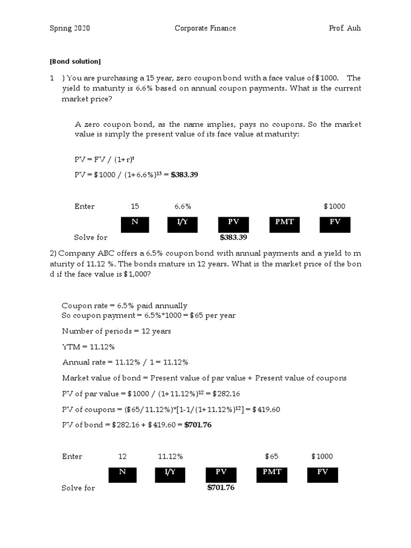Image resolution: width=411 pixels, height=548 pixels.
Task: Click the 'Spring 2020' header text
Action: tap(70, 28)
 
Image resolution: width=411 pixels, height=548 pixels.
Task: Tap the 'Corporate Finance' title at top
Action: tap(205, 28)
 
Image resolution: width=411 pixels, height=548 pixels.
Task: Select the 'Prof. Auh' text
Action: tap(345, 28)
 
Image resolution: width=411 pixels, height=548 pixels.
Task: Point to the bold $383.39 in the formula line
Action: tap(185, 174)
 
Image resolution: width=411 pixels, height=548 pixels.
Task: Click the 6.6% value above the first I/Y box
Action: tap(182, 207)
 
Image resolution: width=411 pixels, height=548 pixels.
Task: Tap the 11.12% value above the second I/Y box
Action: tap(170, 456)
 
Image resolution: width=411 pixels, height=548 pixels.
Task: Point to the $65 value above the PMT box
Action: tap(272, 456)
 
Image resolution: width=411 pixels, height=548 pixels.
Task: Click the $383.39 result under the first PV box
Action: tap(233, 238)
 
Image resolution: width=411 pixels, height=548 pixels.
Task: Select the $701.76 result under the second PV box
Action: tap(220, 488)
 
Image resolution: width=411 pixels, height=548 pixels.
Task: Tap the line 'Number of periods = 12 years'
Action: tap(117, 331)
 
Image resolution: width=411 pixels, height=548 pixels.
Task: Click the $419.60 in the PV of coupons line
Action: tap(265, 410)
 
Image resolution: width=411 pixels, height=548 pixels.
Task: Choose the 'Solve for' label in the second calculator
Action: tap(78, 488)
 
